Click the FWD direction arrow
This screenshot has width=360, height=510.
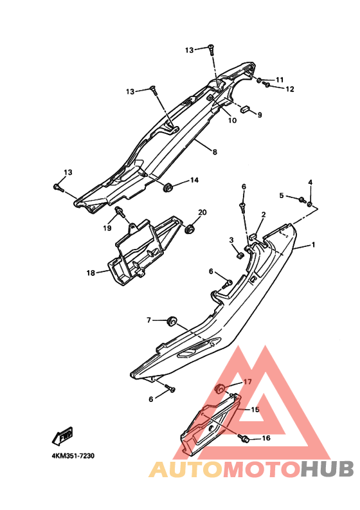pyautogui.click(x=63, y=436)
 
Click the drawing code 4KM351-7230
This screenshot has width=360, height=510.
pyautogui.click(x=73, y=456)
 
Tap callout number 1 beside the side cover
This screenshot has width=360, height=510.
pyautogui.click(x=313, y=244)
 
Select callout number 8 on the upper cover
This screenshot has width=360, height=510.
pyautogui.click(x=215, y=152)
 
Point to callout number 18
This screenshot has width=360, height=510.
pyautogui.click(x=91, y=273)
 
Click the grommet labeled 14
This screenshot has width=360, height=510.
pyautogui.click(x=168, y=188)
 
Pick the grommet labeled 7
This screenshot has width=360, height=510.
pyautogui.click(x=172, y=321)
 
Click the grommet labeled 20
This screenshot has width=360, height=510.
pyautogui.click(x=189, y=229)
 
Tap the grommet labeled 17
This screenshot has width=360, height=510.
pyautogui.click(x=221, y=388)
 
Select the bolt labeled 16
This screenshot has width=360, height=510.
pyautogui.click(x=244, y=438)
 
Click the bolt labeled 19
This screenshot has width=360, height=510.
pyautogui.click(x=120, y=212)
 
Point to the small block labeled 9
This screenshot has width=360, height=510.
pyautogui.click(x=244, y=109)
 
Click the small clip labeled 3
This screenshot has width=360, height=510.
pyautogui.click(x=240, y=255)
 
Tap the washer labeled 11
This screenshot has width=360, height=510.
pyautogui.click(x=259, y=80)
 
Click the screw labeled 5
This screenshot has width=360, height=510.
pyautogui.click(x=301, y=199)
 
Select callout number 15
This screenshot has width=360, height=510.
pyautogui.click(x=255, y=410)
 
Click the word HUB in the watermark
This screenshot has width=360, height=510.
pyautogui.click(x=327, y=469)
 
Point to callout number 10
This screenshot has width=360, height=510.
pyautogui.click(x=232, y=120)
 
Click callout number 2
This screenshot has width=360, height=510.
pyautogui.click(x=264, y=214)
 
